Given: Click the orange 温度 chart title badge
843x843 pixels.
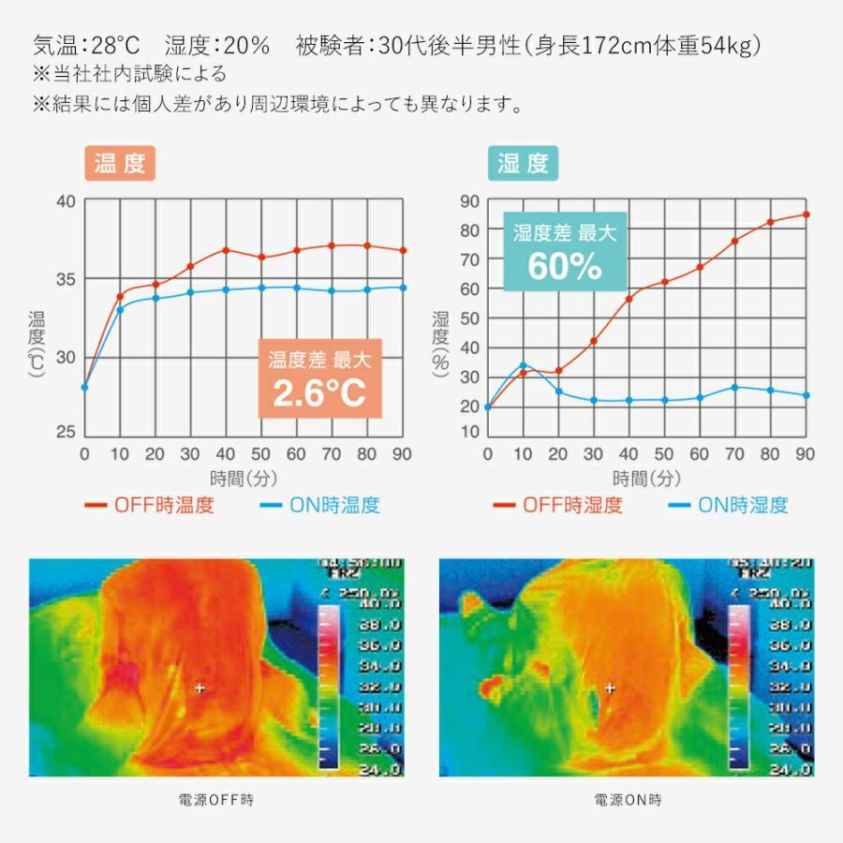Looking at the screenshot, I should (120, 164).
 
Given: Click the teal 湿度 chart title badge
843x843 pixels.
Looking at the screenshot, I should (523, 164).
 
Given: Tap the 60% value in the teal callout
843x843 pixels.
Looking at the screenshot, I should (564, 266).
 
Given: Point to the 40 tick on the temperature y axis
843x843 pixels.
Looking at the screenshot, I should (66, 201).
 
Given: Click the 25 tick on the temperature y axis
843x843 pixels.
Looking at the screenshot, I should (66, 433).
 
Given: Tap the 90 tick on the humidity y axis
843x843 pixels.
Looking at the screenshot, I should (469, 200).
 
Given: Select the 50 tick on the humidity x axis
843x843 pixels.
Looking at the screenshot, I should (664, 454).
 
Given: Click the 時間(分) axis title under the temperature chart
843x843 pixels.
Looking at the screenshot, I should (244, 479).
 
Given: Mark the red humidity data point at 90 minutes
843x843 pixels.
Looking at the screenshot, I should (806, 214).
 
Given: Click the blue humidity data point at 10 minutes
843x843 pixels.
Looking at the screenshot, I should (523, 365).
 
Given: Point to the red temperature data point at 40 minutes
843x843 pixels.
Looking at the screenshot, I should (226, 250).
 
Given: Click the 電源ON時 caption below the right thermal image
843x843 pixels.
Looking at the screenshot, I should (628, 801).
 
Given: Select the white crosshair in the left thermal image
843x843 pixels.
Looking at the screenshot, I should (200, 688).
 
